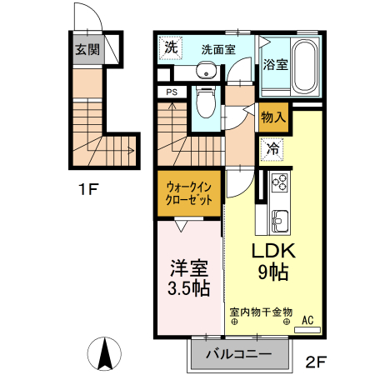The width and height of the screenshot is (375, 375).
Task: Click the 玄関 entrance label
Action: pos(86,50)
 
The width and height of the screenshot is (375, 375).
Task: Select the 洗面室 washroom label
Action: pos(217,49)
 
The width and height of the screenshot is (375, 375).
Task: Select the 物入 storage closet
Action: pos(273,117)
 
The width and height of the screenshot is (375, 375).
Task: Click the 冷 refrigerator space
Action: pos(273,150)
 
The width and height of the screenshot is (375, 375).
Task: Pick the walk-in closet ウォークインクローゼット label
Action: pos(187,193)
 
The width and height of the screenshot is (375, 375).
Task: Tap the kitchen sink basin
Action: pos(278,221)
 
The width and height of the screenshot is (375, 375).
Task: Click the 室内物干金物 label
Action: pos(260,312)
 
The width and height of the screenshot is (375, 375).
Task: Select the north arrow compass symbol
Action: pos(105,353)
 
